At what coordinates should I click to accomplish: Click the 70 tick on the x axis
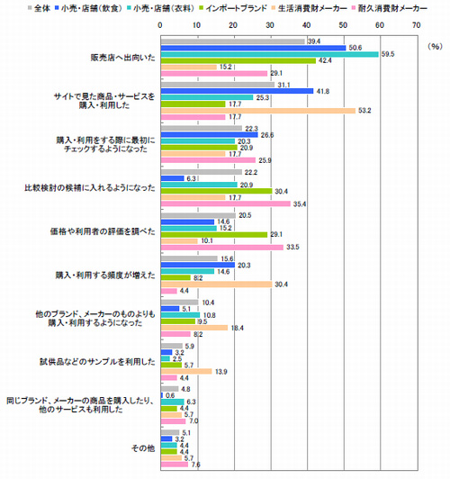point(415,25)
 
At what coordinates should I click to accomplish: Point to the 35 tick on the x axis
point(287,25)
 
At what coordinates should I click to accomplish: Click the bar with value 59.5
point(268,54)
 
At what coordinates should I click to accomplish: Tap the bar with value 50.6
point(252,47)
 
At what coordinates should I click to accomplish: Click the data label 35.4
point(301,204)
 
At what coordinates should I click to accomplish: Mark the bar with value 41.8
point(236,91)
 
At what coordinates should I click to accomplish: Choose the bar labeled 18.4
point(193,329)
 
